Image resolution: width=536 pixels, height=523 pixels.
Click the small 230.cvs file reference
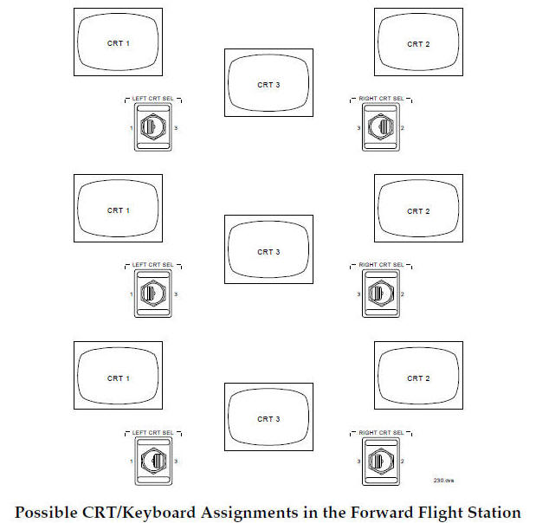(443, 479)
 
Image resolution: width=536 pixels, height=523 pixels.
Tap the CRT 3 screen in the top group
(268, 84)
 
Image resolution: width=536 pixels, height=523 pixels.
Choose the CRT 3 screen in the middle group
(268, 251)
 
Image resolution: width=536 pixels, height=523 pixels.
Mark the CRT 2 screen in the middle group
(418, 210)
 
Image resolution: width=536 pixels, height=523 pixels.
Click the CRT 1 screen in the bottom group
(118, 378)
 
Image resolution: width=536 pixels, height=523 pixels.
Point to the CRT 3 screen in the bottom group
(268, 418)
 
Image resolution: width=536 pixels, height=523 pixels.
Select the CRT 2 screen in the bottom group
(418, 378)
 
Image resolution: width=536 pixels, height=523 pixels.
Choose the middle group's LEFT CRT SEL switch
(152, 294)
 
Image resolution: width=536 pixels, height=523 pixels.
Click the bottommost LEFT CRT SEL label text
(152, 431)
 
